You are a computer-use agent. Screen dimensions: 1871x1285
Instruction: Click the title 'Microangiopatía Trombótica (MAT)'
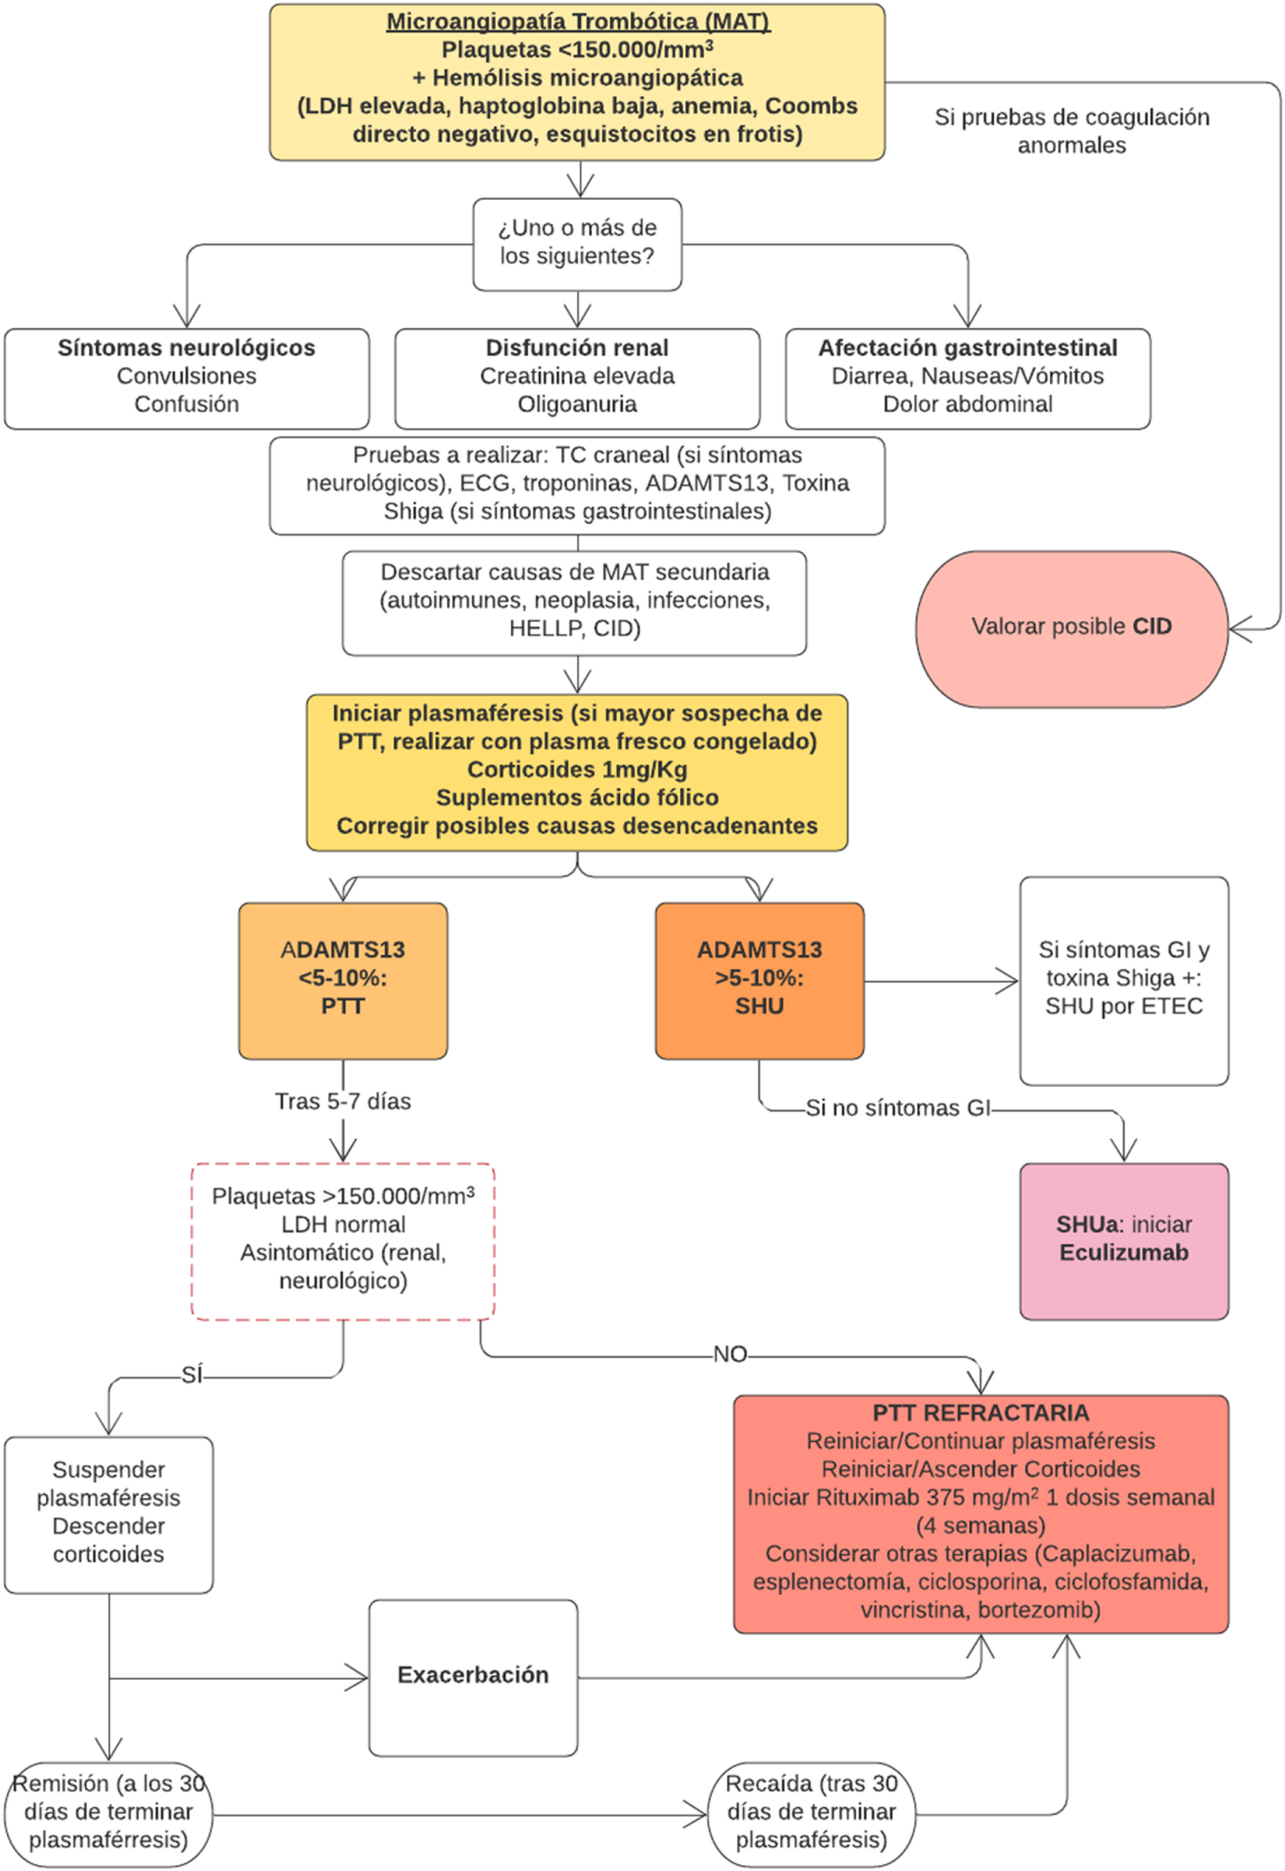(x=578, y=22)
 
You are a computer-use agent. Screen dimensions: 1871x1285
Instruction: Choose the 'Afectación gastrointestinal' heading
(x=968, y=348)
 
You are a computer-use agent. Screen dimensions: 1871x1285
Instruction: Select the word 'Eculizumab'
(x=1124, y=1253)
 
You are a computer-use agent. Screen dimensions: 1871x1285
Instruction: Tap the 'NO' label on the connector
(x=730, y=1354)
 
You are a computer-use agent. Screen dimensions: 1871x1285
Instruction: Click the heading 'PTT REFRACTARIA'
(x=981, y=1413)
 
